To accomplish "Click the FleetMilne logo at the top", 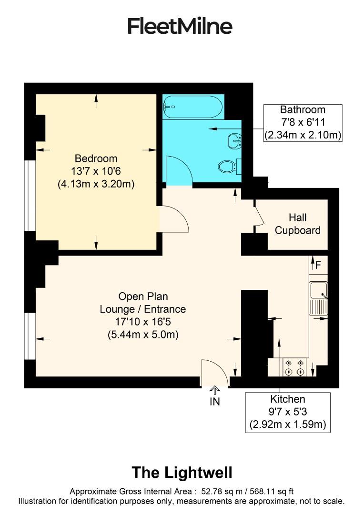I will tap(180, 26).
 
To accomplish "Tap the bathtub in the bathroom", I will tap(192, 107).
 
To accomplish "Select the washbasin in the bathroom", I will tap(234, 140).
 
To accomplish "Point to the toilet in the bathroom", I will tap(228, 167).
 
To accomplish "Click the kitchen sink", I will tap(318, 291).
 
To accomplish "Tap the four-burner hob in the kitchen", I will tap(294, 367).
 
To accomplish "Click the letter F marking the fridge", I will tap(318, 264).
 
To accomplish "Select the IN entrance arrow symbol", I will tap(215, 391).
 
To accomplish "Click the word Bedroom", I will tap(96, 158).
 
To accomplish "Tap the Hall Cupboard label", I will tap(297, 224).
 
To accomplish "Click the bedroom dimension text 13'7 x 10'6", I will tap(96, 171).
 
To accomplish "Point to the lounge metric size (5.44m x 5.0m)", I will tap(143, 335).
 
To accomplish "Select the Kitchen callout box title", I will tap(287, 399).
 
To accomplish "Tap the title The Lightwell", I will tap(182, 473).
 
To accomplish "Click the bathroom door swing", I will tap(178, 169).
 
